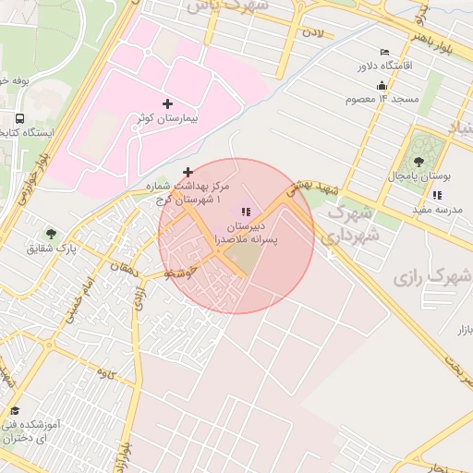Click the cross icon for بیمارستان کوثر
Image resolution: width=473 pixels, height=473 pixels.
click(x=167, y=103)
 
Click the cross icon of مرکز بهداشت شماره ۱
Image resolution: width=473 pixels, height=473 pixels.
click(x=188, y=172)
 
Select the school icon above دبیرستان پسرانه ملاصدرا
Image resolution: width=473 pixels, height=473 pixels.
click(x=245, y=212)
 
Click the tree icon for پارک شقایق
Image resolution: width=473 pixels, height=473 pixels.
click(x=50, y=233)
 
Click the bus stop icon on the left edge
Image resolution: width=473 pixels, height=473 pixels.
click(x=19, y=118)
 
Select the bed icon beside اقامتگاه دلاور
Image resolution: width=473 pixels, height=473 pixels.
click(x=384, y=52)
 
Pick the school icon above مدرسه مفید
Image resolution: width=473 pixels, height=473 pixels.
click(x=436, y=195)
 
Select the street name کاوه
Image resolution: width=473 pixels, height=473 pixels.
click(x=104, y=372)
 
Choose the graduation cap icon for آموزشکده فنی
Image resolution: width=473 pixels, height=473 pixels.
click(x=15, y=411)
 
